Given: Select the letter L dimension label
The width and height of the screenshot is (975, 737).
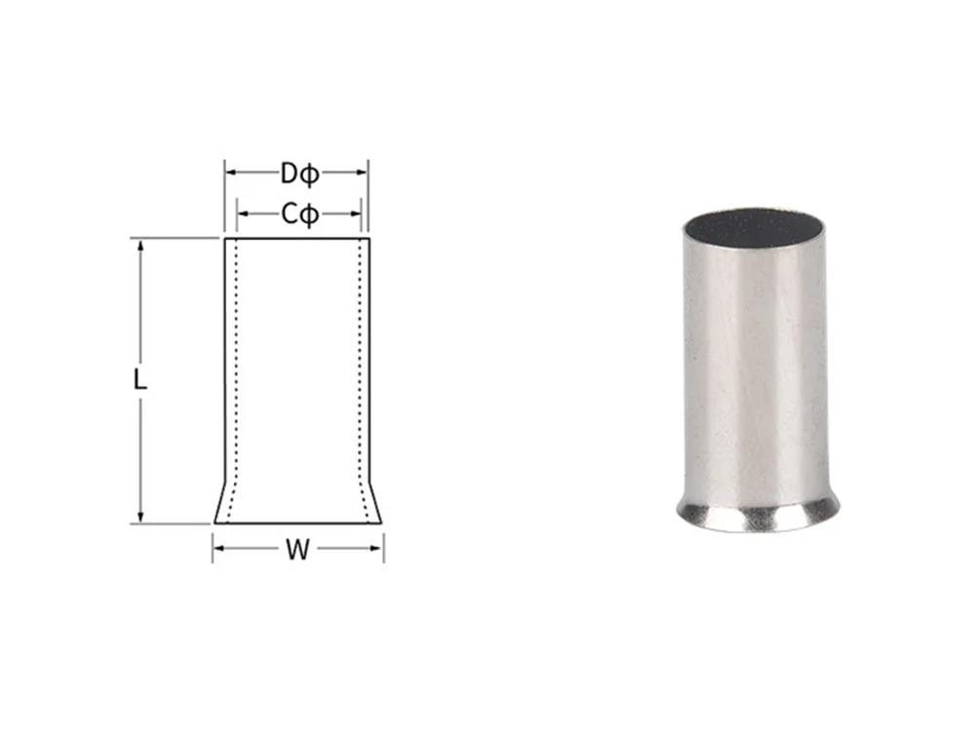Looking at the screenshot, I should [140, 380].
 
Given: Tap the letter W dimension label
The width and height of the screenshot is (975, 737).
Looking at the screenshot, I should [297, 551].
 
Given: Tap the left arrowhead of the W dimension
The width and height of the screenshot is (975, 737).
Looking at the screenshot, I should [217, 548].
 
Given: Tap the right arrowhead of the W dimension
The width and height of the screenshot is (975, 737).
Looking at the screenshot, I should [378, 548].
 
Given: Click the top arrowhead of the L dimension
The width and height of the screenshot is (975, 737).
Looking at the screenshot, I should [141, 244].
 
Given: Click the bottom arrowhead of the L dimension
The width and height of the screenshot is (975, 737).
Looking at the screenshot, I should [141, 518].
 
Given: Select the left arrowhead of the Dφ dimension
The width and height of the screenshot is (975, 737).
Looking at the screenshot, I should [230, 173].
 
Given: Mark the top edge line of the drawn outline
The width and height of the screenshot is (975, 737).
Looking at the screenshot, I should [297, 238].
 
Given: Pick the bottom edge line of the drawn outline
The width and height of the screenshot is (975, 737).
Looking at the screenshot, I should [297, 524].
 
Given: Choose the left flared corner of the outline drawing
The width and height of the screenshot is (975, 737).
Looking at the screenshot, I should [216, 522].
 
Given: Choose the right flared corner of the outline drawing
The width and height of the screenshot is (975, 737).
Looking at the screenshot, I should [380, 522].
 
